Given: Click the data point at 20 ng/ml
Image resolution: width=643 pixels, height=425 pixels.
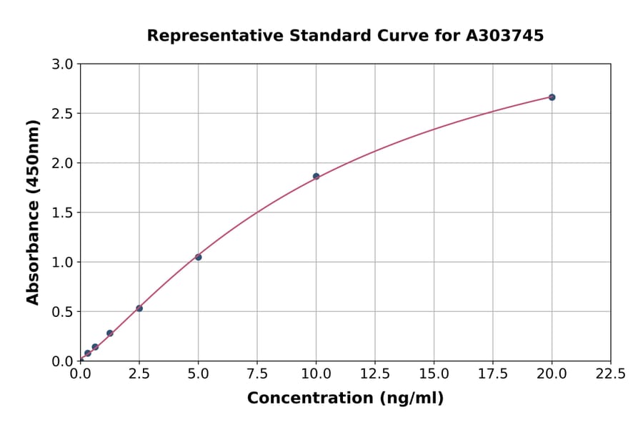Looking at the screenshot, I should [x=552, y=97].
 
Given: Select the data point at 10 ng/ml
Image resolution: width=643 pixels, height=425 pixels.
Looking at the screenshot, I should [x=316, y=176].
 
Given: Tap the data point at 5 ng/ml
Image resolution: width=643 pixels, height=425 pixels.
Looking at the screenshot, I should [x=198, y=257].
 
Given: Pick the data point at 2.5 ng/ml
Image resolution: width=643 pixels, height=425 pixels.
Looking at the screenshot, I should [x=139, y=308].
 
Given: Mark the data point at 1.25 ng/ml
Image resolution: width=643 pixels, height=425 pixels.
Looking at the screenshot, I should [x=110, y=333].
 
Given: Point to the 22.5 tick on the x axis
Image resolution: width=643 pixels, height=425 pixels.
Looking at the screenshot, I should [x=610, y=373].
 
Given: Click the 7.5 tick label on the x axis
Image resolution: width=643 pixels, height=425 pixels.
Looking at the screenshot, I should [x=257, y=373].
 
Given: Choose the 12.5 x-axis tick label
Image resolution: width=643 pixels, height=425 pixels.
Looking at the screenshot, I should [x=375, y=373].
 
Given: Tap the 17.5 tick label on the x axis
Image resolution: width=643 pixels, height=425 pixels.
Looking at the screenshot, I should [x=493, y=373].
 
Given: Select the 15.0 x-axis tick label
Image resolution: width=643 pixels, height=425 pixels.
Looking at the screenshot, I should [x=434, y=373].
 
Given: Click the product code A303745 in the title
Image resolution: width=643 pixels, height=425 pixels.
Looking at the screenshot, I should [x=504, y=35].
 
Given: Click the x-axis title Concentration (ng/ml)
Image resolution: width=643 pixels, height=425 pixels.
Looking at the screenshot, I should [x=345, y=399].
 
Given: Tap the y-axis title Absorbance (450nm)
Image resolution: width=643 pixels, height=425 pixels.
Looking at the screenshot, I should [x=33, y=212].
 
